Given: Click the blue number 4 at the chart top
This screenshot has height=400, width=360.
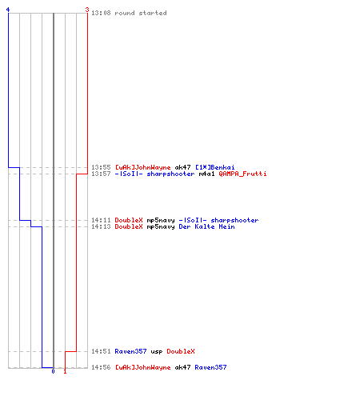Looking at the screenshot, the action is (8, 10).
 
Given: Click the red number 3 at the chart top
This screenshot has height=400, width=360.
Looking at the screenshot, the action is (87, 10).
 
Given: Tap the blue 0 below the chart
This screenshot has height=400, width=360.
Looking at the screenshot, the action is (53, 371).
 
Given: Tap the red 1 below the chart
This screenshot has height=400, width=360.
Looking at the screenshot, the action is (65, 371).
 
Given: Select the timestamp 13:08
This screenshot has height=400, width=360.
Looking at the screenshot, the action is (101, 13).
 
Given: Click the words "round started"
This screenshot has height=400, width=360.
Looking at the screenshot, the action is (141, 13).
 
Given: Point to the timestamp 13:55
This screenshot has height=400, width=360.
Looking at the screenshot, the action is (101, 167).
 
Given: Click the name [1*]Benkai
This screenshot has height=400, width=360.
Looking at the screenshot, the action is (215, 167).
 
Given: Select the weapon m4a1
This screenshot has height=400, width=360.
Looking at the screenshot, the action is (206, 174).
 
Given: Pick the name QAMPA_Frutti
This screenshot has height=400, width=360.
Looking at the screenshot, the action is (242, 174).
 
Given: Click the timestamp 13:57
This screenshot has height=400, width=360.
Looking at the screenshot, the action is (101, 174).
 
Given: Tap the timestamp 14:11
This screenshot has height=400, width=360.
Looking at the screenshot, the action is (101, 220).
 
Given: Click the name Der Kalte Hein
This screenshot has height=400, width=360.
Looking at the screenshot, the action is (206, 226).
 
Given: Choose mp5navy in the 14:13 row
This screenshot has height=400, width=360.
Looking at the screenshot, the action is (161, 226).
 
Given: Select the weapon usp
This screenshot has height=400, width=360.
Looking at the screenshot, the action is (157, 351).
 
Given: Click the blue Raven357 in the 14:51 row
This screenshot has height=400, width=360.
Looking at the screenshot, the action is (130, 351).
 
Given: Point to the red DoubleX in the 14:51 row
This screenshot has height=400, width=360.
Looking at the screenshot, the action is (181, 351).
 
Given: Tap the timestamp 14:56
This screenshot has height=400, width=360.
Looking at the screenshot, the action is (101, 367).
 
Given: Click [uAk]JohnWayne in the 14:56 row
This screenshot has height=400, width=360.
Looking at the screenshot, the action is (142, 367).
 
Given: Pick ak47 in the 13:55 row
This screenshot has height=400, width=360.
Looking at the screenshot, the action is (182, 167).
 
